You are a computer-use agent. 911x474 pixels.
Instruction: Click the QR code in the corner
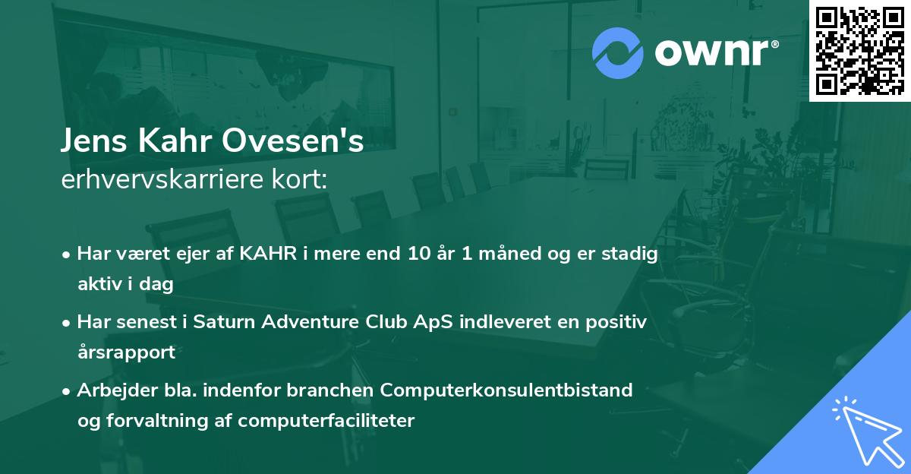coord(860,50)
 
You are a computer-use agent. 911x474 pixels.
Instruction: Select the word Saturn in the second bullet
coord(222,322)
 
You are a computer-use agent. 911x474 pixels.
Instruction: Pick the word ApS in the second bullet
coord(424,322)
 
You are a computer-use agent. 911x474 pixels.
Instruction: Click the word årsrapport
coord(126,352)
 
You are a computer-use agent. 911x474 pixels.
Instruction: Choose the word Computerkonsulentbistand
coord(507,390)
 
